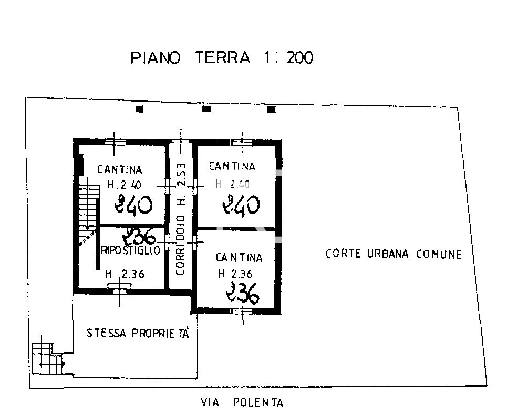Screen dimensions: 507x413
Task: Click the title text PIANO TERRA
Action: coord(190,58)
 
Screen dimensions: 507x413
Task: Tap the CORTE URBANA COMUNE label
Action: coord(394,254)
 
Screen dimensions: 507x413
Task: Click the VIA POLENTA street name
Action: coord(242,402)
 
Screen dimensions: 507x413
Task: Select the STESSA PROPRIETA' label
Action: coord(138,333)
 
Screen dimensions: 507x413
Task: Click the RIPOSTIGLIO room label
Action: coord(130,250)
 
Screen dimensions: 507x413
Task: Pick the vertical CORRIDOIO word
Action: coord(181,245)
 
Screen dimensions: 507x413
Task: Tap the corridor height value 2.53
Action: coord(182,174)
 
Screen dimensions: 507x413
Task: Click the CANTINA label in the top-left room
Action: coord(120,169)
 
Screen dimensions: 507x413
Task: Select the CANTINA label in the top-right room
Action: coord(232,166)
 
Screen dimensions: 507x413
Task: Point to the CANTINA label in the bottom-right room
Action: coord(239,258)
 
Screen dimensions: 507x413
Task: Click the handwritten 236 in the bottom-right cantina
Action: coord(243,293)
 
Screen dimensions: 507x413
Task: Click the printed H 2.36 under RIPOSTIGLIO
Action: coord(125,274)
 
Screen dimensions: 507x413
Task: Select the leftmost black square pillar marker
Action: coord(139,109)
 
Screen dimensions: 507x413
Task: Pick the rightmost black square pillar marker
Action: coord(272,109)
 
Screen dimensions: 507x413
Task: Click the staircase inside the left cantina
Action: coord(88,210)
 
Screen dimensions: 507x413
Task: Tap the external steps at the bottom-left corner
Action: coord(47,358)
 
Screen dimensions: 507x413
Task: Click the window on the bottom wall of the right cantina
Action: coord(242,311)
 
